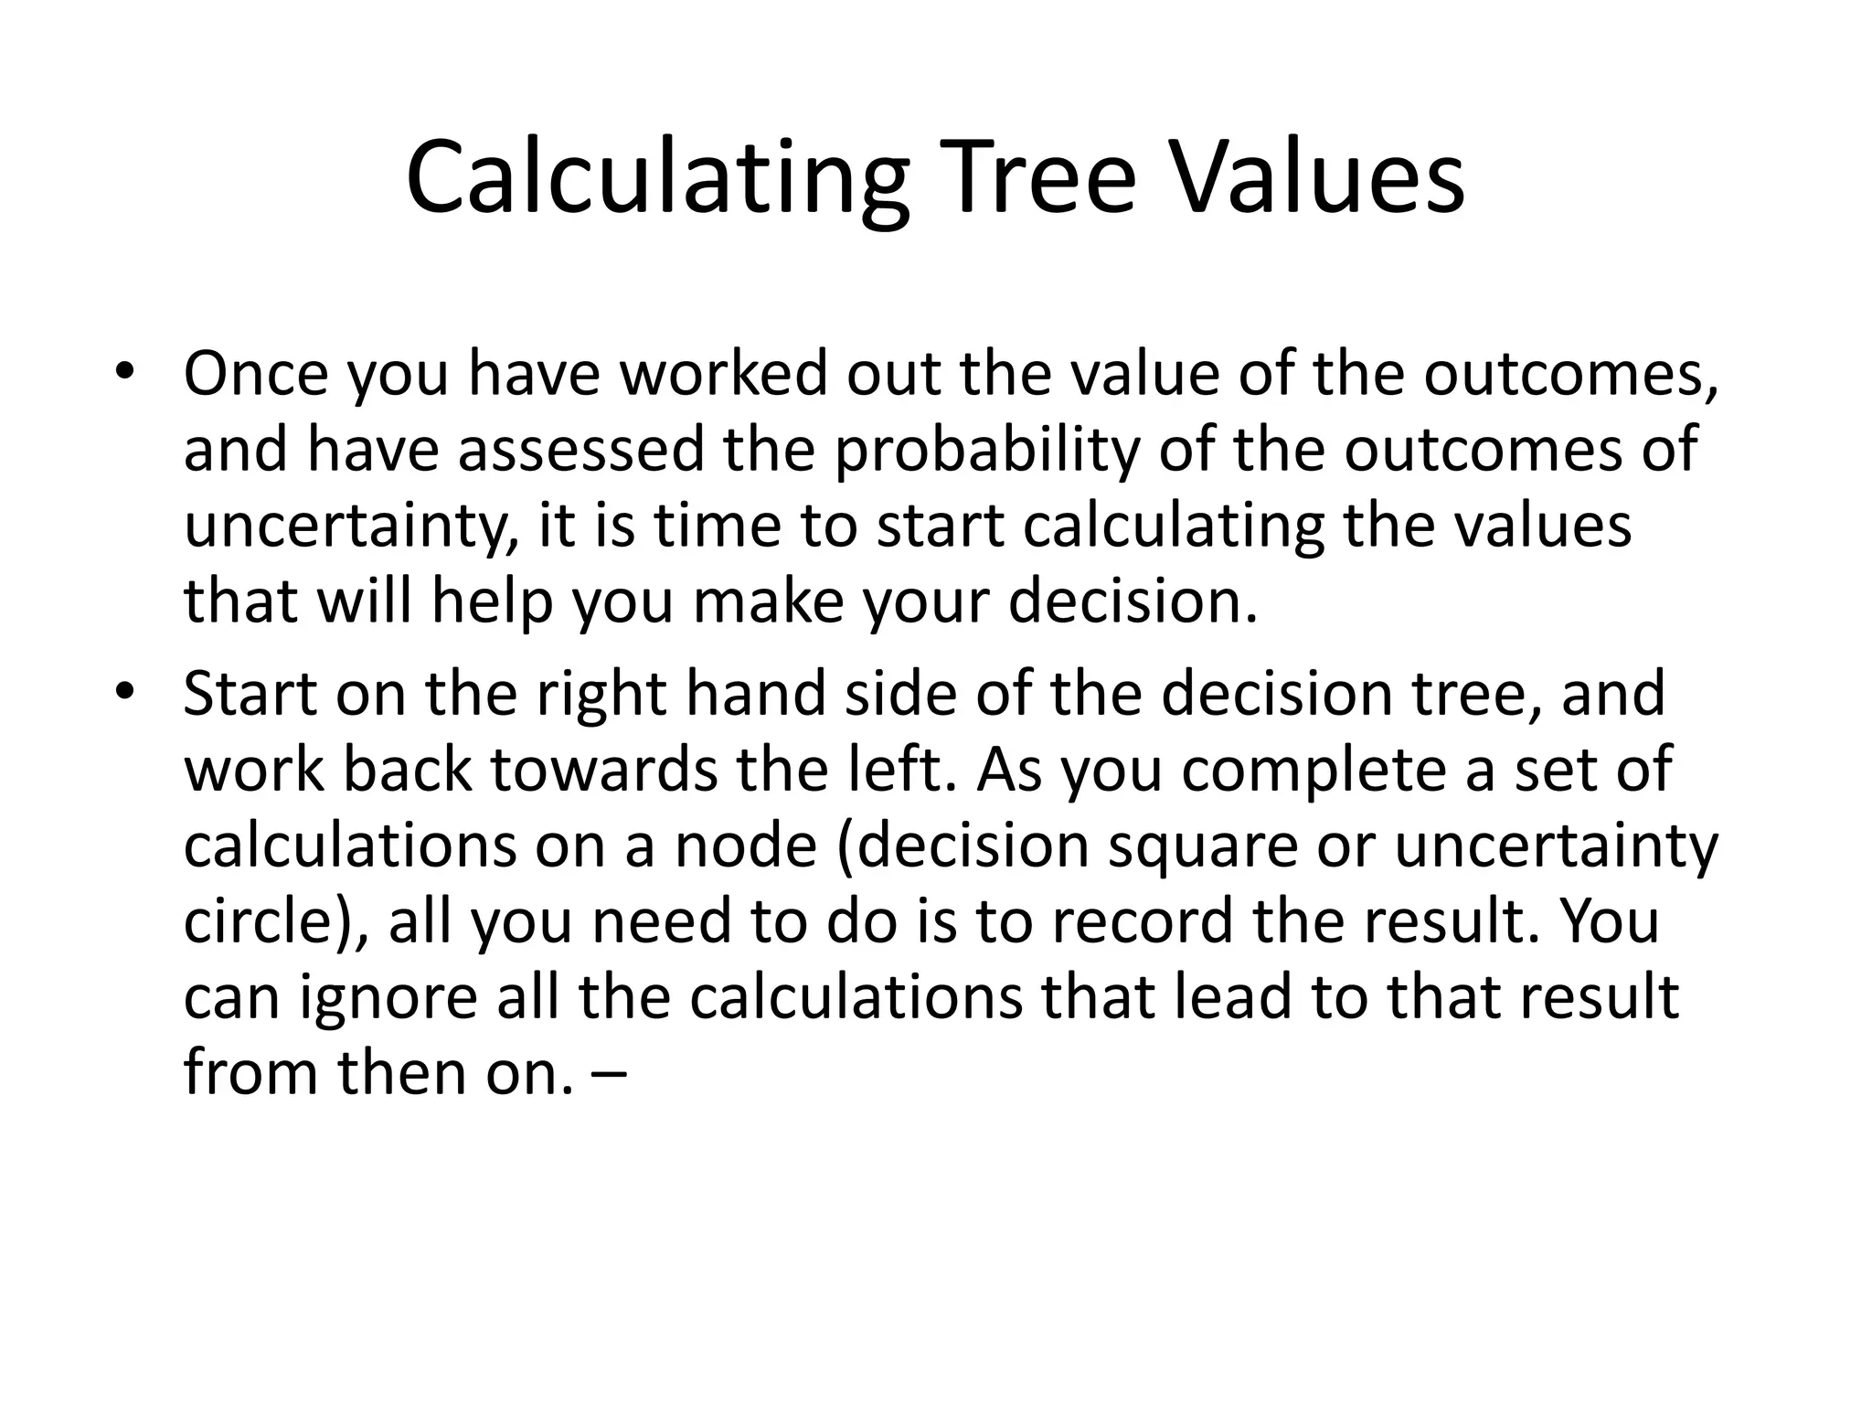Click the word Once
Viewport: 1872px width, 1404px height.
click(255, 374)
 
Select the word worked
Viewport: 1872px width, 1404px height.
click(722, 374)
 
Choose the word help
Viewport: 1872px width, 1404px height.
click(492, 601)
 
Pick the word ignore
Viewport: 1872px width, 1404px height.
click(388, 997)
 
